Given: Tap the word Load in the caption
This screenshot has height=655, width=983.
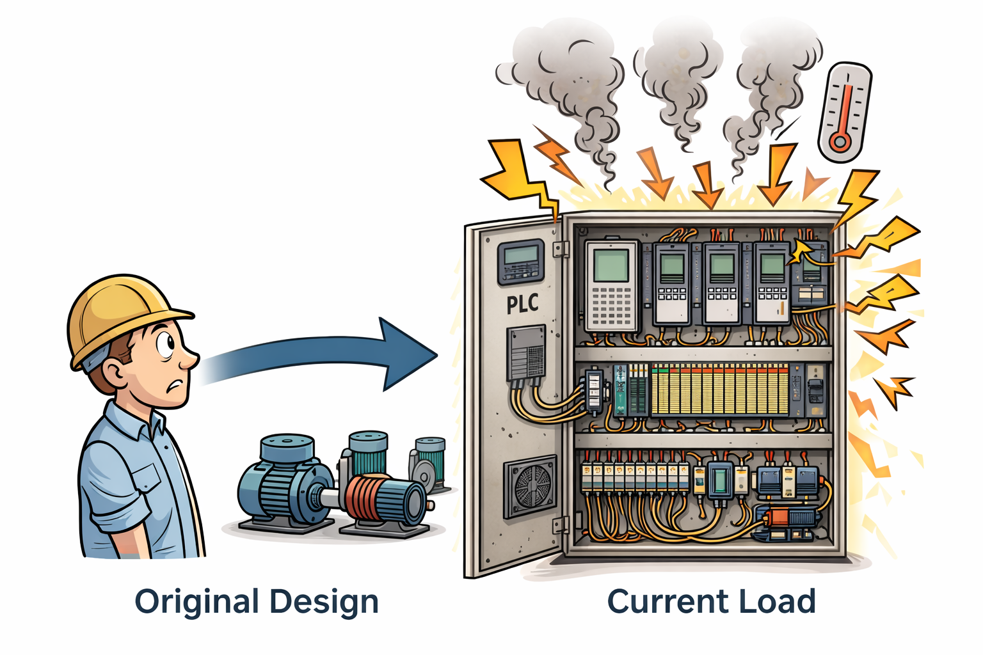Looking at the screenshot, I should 777,602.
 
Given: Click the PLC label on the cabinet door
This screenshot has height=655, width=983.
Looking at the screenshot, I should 522,304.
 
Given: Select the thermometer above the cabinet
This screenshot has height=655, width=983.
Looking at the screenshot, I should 844,111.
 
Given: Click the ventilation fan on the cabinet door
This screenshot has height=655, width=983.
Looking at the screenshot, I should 531,486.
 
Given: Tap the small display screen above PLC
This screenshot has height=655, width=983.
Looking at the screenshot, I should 521,261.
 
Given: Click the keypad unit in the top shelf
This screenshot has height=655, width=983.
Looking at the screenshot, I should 612,285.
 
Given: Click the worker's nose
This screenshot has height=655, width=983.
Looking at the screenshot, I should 190,361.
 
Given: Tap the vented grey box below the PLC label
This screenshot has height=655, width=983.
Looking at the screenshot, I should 526,352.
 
